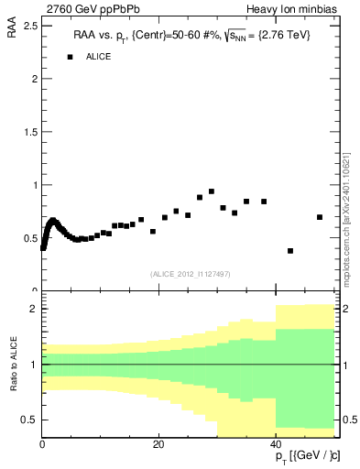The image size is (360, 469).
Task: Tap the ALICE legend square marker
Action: [69, 57]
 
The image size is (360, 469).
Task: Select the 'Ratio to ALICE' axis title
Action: [13, 365]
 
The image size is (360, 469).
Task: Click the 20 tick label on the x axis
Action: [158, 444]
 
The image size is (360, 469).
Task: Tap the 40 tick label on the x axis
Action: [276, 444]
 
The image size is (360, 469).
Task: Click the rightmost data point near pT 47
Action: [319, 217]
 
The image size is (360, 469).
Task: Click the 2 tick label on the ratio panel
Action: [34, 310]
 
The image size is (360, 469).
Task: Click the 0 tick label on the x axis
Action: [42, 444]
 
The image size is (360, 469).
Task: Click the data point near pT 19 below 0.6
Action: [153, 231]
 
